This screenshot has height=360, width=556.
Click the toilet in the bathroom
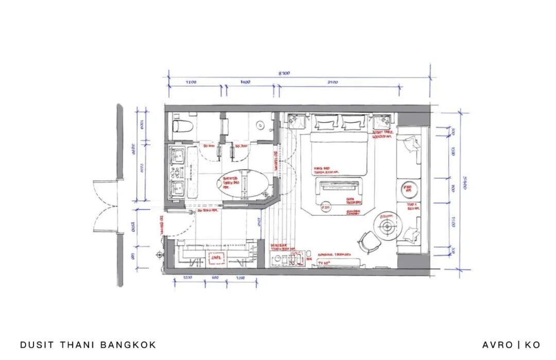click(182, 125)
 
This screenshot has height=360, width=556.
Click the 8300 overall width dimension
click(284, 74)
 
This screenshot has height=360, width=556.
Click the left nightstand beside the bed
click(297, 123)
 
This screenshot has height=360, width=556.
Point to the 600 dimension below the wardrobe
click(216, 278)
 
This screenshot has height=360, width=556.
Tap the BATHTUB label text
click(231, 180)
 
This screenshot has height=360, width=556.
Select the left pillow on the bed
click(325, 124)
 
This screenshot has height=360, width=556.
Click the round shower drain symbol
click(260, 125)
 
